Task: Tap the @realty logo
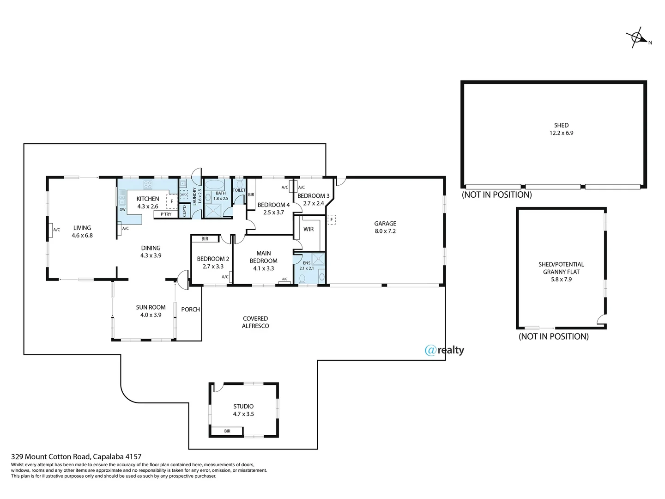click(444, 350)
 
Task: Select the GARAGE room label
click(385, 224)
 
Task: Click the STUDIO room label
click(243, 407)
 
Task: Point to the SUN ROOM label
click(151, 307)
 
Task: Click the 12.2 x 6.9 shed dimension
click(561, 133)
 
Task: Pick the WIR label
click(308, 229)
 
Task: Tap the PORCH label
click(190, 310)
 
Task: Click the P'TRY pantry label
click(166, 214)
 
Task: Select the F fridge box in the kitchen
click(172, 201)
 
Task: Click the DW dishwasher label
click(122, 210)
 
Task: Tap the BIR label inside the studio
click(227, 431)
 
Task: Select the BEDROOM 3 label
click(313, 196)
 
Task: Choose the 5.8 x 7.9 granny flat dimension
click(561, 279)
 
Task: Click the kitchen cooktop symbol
click(148, 185)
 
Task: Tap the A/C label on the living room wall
click(56, 230)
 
